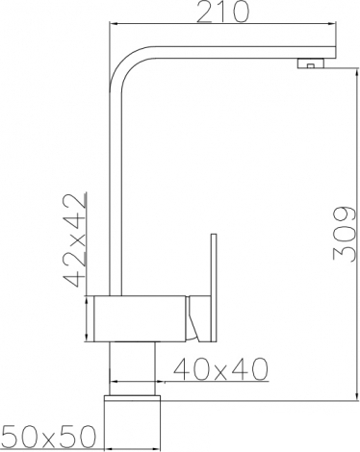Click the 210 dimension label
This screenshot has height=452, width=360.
222,13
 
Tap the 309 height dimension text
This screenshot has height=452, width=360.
345,234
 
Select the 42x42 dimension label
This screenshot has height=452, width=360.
75,239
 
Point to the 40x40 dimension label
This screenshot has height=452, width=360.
220,369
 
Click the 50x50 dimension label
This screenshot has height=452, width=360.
49,437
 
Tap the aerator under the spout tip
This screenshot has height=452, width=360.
311,63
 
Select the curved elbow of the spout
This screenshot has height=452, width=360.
125,63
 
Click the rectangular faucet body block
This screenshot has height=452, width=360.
140,318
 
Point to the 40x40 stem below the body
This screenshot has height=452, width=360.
132,368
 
